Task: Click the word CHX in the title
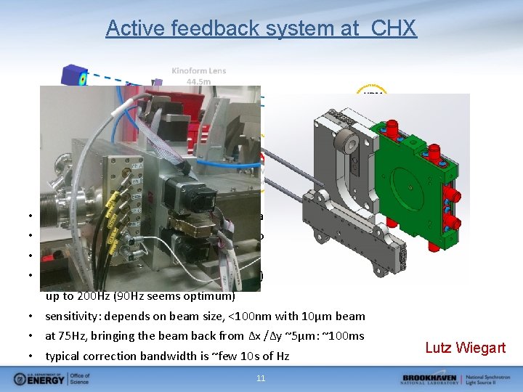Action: click(394, 28)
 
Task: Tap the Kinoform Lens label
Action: click(198, 70)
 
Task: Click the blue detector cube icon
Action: click(74, 76)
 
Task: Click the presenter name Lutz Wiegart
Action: click(465, 348)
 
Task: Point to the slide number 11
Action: click(261, 378)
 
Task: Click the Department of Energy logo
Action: click(47, 379)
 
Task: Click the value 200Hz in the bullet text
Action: click(93, 296)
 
